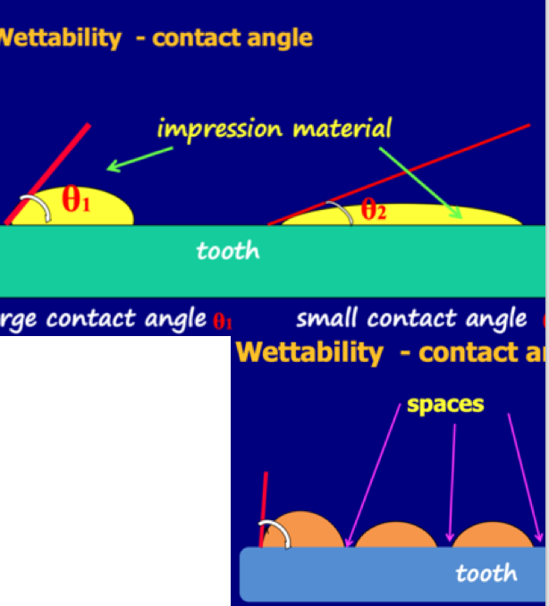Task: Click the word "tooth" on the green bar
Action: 227,251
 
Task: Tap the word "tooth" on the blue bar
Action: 486,573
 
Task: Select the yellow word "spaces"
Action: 445,405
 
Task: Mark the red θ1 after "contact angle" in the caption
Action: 223,321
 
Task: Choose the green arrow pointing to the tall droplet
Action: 139,158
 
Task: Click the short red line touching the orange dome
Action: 265,506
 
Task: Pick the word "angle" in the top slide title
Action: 278,38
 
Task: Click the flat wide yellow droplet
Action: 420,217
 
